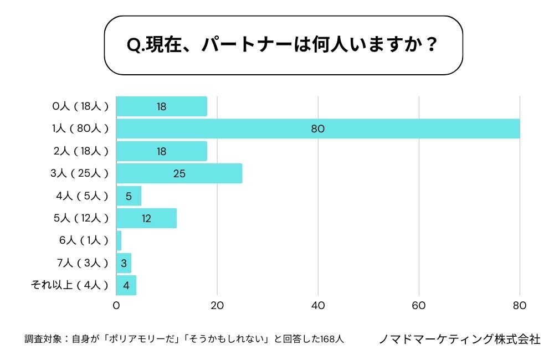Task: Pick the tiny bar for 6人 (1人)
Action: point(119,240)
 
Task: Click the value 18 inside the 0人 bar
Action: point(161,106)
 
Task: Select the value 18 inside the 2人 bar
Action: point(161,151)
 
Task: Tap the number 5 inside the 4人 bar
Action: point(128,196)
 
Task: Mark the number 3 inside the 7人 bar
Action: point(124,263)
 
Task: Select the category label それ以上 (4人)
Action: point(70,285)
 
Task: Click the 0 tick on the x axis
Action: point(116,305)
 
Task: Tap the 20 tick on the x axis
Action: point(217,305)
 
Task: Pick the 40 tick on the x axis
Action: point(318,305)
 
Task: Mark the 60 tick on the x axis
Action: point(419,305)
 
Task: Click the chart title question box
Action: point(283,45)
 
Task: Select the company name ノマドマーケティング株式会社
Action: point(459,339)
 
